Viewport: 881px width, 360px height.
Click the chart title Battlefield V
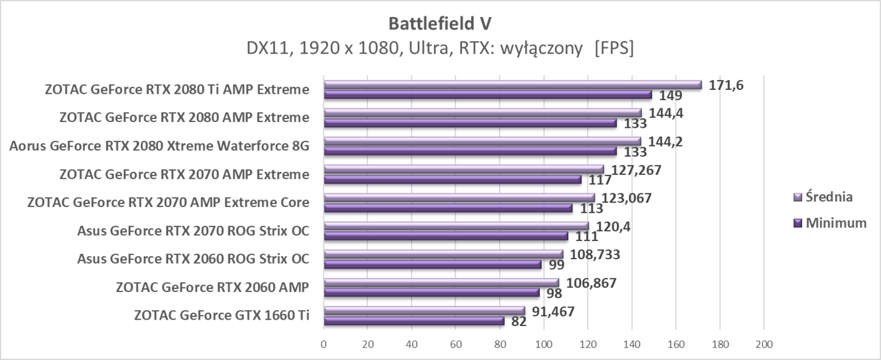[x=440, y=23]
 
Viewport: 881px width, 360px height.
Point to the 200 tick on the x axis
[x=763, y=344]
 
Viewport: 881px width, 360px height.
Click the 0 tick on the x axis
[x=323, y=344]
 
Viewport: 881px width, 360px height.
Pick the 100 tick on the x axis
[x=543, y=344]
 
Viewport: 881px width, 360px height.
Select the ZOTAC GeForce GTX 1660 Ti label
[x=222, y=315]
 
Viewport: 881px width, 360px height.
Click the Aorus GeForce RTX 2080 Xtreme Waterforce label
[x=159, y=146]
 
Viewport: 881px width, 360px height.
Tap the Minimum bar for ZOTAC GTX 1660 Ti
[x=413, y=321]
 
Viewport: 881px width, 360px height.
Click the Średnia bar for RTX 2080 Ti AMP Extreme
[x=512, y=85]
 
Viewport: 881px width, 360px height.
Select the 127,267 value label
[x=631, y=169]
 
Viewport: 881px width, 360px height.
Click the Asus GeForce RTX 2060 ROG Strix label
[x=193, y=259]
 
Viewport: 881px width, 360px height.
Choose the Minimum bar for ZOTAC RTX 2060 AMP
[x=431, y=293]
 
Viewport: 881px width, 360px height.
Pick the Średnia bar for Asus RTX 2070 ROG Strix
[x=456, y=226]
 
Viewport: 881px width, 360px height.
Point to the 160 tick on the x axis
[x=675, y=344]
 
